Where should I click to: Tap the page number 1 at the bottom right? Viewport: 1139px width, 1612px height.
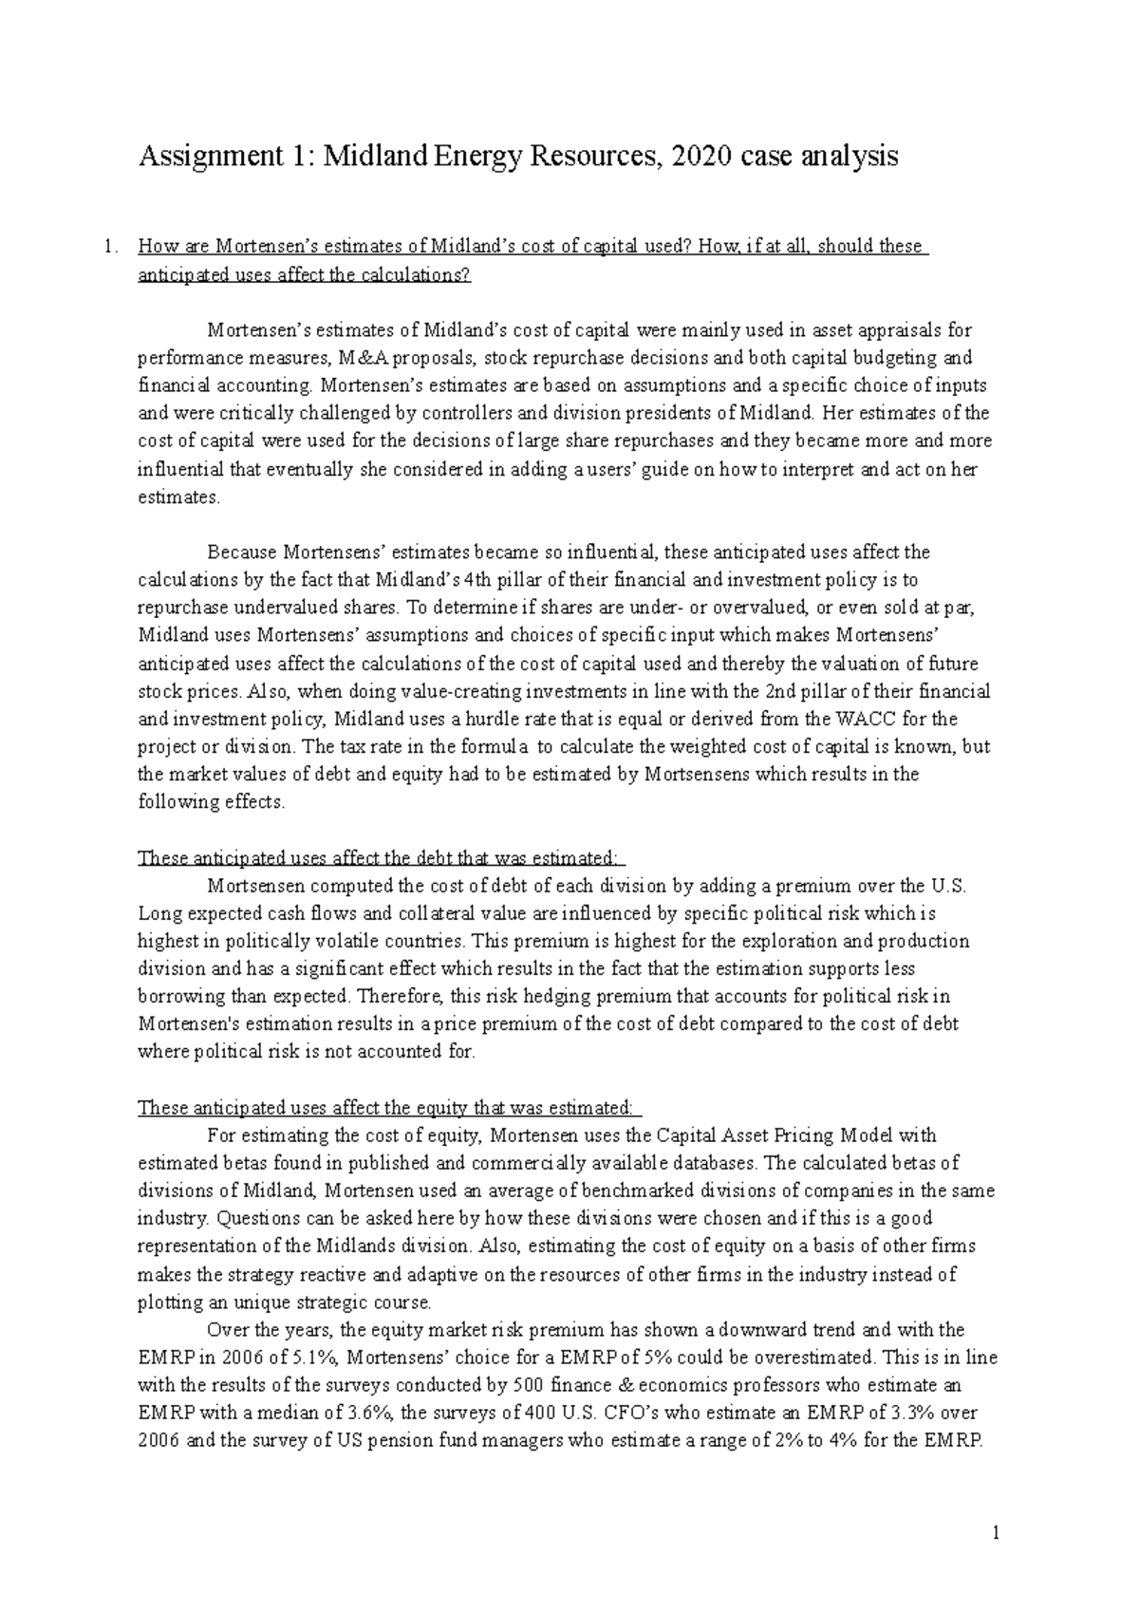point(996,1532)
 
